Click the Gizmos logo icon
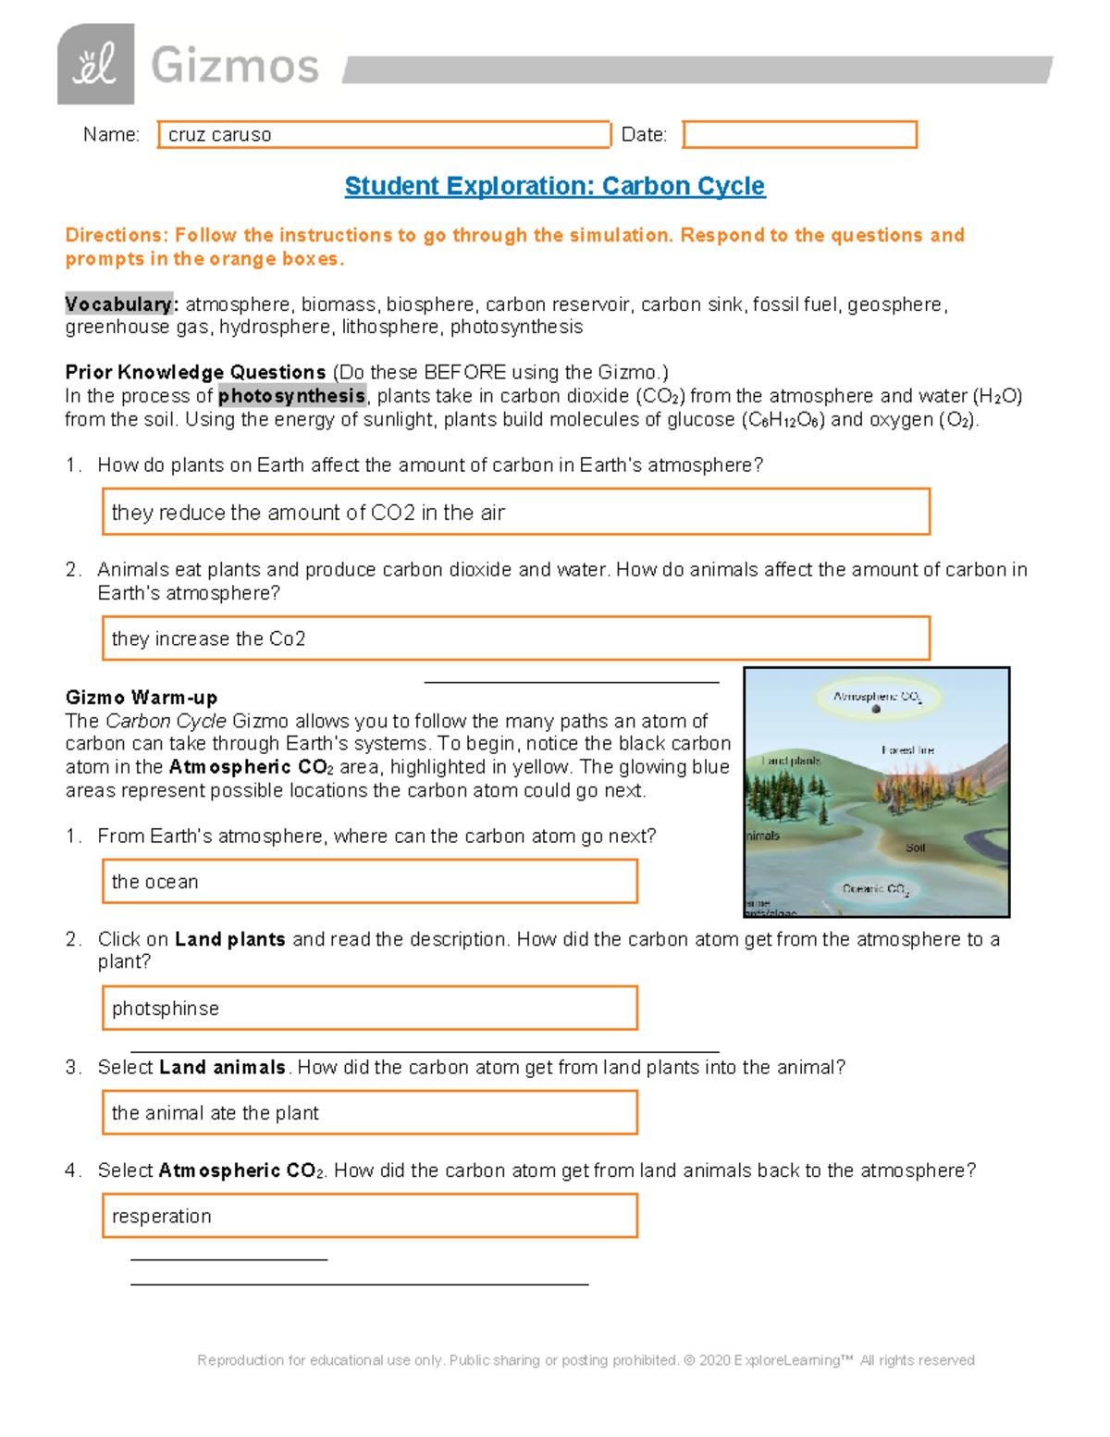click(95, 65)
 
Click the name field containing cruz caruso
click(384, 135)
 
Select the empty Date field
click(799, 135)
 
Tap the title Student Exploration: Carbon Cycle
click(554, 186)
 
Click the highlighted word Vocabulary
click(118, 304)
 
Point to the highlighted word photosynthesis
click(291, 396)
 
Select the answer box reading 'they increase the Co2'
click(515, 638)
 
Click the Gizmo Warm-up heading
click(142, 698)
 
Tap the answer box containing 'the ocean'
click(369, 881)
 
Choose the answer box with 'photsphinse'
click(369, 1008)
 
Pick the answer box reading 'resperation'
click(369, 1216)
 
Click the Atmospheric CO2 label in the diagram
click(876, 697)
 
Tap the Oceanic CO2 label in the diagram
click(875, 889)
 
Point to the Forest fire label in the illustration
click(907, 750)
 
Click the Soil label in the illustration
click(915, 848)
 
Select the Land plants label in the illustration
click(791, 761)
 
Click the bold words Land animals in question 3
click(222, 1068)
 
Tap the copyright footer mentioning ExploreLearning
click(586, 1360)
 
